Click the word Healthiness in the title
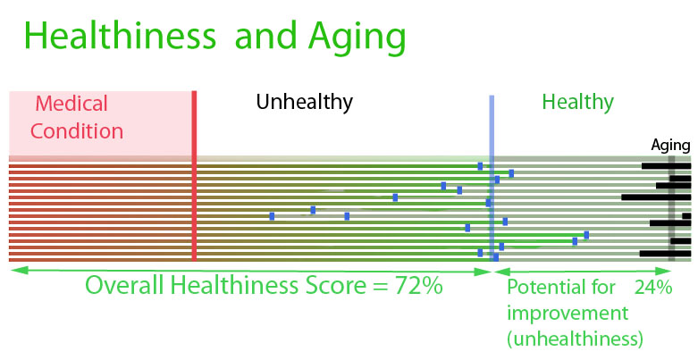(x=120, y=36)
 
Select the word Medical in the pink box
(x=71, y=104)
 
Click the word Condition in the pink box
(x=77, y=131)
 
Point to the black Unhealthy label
(x=305, y=103)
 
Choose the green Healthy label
(x=578, y=103)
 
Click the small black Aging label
(x=671, y=146)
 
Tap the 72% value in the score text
(x=416, y=285)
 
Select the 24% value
(x=653, y=288)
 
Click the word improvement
(x=568, y=314)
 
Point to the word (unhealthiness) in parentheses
(x=576, y=339)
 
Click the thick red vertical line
(x=194, y=176)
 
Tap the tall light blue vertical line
(x=492, y=178)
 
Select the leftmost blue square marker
(x=272, y=216)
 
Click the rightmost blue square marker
(x=586, y=235)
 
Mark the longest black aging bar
(x=656, y=197)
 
